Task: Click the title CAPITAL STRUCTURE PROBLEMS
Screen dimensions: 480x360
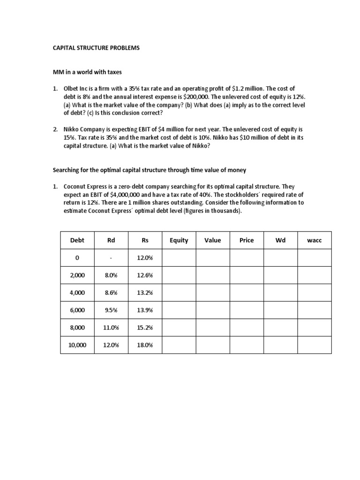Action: tap(95, 48)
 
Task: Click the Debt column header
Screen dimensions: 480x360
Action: tap(77, 240)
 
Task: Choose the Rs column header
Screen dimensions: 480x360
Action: tap(145, 240)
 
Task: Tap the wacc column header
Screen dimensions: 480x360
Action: tap(315, 240)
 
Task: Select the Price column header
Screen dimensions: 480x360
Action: tap(247, 240)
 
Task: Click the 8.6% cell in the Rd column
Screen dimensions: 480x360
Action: tap(111, 292)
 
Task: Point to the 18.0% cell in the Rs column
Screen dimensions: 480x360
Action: tap(145, 345)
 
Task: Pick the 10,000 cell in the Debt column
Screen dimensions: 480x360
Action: tap(77, 345)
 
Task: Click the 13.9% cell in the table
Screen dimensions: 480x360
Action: tap(145, 310)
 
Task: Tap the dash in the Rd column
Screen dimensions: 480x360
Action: tap(111, 258)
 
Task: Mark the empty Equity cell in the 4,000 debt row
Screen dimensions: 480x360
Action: tap(179, 292)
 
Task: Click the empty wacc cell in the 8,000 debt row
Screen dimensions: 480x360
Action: tap(315, 328)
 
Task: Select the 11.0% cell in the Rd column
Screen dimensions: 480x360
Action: tap(111, 328)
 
